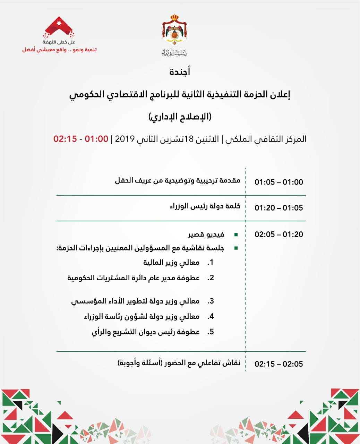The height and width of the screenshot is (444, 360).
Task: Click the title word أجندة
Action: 180,72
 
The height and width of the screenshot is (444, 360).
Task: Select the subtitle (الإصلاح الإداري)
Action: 180,117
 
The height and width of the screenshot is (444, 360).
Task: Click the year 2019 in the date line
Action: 125,139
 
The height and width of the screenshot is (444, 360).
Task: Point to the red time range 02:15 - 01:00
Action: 81,139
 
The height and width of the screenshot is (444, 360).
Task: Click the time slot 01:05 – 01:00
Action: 278,182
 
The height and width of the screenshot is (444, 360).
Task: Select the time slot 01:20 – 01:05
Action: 278,208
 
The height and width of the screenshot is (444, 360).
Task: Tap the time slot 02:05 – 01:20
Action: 278,234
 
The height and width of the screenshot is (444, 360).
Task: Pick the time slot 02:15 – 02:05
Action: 278,364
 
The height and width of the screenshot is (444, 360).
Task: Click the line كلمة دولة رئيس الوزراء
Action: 205,206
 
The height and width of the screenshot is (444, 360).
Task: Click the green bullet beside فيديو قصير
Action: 236,235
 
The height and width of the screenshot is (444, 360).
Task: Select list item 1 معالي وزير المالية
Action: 171,263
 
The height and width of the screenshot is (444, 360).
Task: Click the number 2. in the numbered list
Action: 211,278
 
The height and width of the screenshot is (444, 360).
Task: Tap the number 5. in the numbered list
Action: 211,332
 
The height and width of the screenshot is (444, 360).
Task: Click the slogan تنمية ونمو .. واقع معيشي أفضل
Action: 59,50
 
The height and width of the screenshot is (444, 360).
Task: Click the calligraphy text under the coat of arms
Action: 174,53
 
